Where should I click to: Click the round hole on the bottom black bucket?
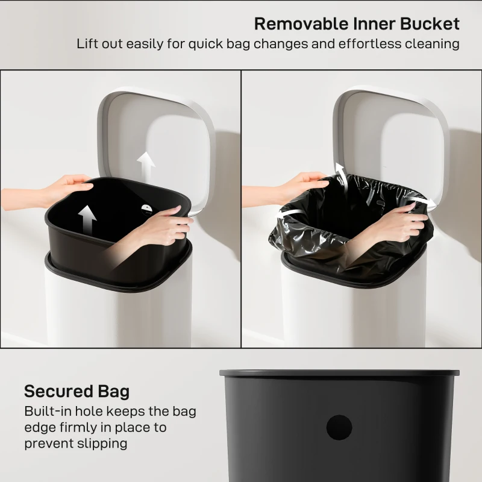click(339, 427)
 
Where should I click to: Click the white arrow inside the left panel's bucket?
click(87, 221)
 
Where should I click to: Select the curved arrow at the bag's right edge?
click(416, 200)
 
